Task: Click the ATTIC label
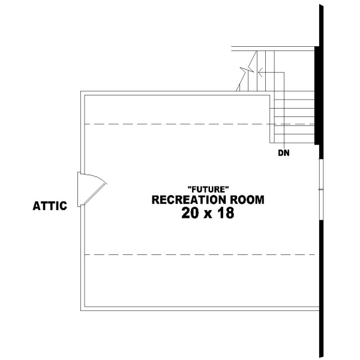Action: tap(49, 206)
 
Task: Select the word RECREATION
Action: tap(187, 200)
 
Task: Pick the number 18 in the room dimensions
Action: tap(225, 213)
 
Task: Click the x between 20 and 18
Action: tap(208, 214)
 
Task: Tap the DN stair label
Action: tap(284, 153)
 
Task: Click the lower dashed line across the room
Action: tap(198, 255)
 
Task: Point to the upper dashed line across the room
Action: tap(180, 124)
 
